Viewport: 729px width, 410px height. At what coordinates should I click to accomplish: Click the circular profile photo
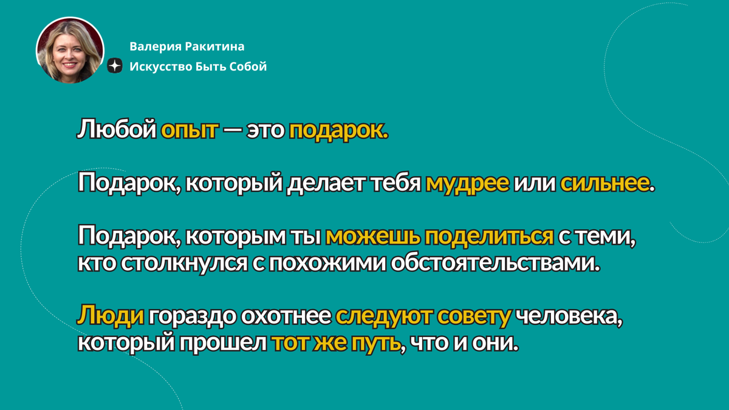click(69, 50)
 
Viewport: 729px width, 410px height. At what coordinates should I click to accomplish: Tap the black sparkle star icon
click(115, 67)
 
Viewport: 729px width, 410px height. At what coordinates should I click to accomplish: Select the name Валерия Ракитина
click(187, 47)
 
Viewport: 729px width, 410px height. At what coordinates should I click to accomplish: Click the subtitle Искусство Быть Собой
click(198, 67)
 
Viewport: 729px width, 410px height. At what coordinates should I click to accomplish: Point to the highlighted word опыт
click(189, 130)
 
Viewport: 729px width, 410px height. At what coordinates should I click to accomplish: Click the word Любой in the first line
click(117, 130)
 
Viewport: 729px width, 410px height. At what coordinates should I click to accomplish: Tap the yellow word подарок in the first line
click(338, 130)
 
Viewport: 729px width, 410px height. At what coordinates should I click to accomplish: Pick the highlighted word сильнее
click(604, 183)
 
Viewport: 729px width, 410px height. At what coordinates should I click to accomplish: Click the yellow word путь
click(376, 344)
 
